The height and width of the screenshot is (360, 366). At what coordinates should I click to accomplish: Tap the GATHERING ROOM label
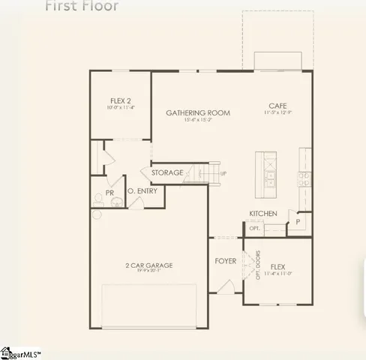(x=198, y=112)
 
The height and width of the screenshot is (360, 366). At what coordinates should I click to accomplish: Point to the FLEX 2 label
(x=120, y=100)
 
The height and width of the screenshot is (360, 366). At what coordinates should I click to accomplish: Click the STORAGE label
(x=167, y=172)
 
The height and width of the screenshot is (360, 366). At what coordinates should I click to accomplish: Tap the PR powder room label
(x=109, y=193)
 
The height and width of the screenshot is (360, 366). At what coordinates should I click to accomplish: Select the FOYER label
(x=225, y=261)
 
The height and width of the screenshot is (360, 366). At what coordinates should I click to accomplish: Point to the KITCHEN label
(x=263, y=214)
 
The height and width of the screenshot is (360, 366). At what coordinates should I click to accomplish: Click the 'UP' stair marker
(x=222, y=173)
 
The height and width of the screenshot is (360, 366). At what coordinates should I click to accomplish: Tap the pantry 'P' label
(x=298, y=223)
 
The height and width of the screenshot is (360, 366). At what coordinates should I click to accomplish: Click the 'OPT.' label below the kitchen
(x=255, y=228)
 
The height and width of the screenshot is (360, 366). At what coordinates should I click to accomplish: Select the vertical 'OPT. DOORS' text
(x=258, y=263)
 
